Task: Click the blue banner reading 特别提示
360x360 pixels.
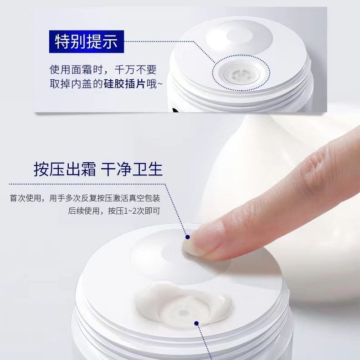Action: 87,41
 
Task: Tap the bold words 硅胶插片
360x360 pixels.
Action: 124,84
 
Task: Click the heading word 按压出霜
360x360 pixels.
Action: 65,169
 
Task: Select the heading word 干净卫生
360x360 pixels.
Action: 132,169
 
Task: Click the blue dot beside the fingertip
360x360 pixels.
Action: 188,237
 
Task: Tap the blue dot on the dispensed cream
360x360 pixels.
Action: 196,323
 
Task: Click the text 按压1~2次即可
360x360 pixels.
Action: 134,211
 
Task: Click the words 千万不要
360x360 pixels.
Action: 136,70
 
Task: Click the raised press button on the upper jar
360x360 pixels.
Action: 239,37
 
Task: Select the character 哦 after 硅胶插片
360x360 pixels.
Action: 151,84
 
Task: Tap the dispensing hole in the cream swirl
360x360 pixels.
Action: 183,313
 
